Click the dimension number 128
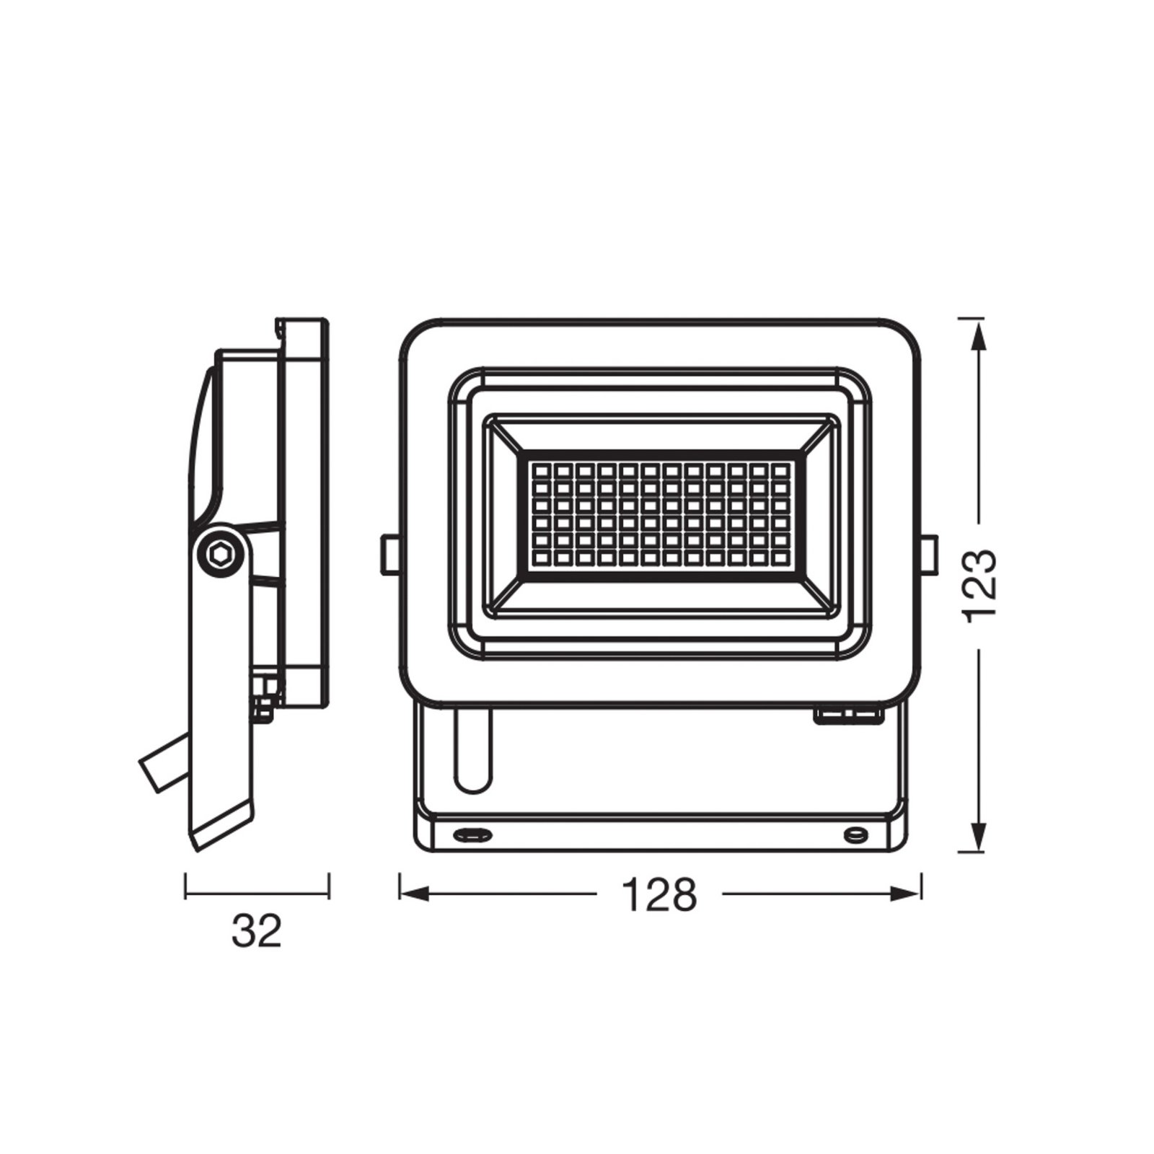click(659, 894)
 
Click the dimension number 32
click(256, 931)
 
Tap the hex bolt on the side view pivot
click(220, 554)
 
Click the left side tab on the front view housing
click(390, 554)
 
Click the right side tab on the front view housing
click(930, 554)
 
